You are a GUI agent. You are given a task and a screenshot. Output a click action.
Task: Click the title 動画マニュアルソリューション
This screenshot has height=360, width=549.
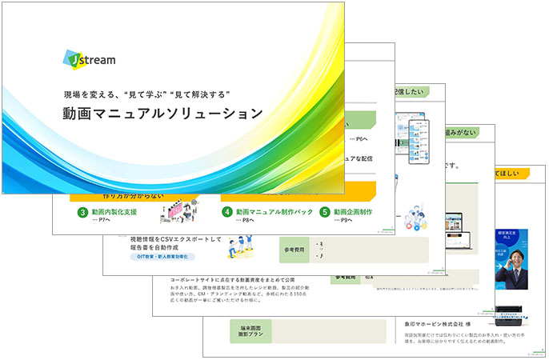pos(163,114)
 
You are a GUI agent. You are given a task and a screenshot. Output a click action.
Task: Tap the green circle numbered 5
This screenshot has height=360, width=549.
pos(325,212)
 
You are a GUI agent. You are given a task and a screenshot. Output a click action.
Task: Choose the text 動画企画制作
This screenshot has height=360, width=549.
pos(355,212)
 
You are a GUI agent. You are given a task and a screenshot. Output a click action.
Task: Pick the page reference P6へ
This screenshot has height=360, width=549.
pos(362,138)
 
